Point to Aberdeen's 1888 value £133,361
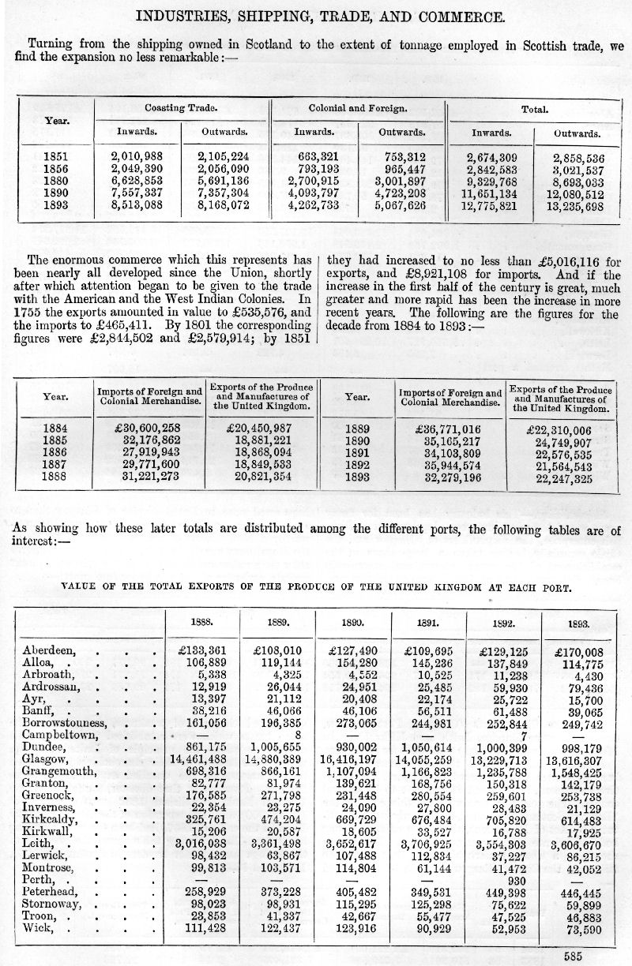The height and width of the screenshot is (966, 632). click(199, 650)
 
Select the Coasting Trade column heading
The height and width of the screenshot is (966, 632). click(181, 108)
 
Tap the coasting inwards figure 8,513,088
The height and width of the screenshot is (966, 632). click(139, 204)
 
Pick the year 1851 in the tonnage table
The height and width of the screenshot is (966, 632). click(56, 157)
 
